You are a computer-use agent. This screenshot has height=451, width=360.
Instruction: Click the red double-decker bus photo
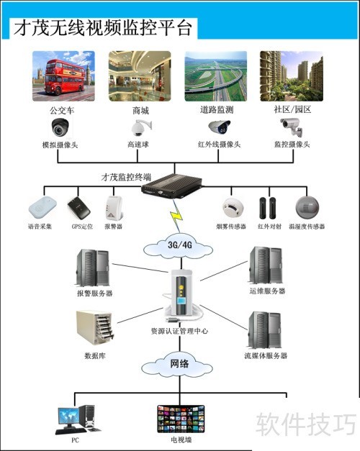tap(63, 76)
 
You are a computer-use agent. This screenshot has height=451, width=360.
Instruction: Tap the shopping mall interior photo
tap(140, 76)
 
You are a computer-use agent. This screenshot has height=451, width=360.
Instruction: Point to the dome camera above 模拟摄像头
tap(60, 128)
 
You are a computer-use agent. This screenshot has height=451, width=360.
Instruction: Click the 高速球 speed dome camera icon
tap(138, 128)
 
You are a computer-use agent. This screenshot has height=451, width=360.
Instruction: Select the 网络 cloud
tap(179, 364)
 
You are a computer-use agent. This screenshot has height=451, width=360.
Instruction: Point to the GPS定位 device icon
tap(79, 209)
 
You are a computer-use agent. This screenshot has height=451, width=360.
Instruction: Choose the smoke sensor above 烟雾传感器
tap(232, 207)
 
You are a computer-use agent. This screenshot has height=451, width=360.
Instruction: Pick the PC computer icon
tap(76, 417)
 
